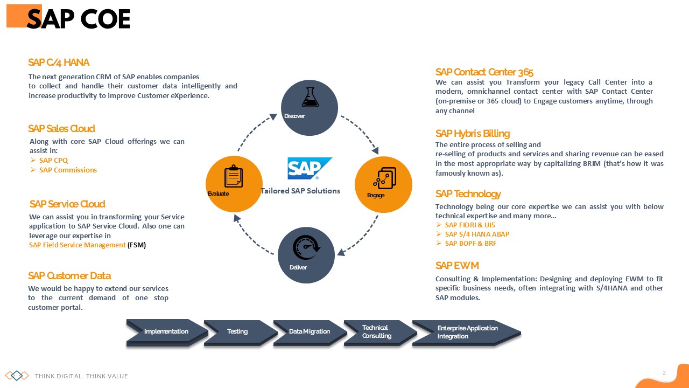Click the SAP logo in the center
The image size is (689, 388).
[x=310, y=169]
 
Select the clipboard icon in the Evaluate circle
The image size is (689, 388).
[x=233, y=176]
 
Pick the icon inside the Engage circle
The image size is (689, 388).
[x=385, y=177]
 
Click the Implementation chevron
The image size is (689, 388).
[x=166, y=331]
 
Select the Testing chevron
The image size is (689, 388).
[x=237, y=331]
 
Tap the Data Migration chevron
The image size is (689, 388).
[x=309, y=331]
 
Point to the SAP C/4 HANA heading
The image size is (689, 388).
[x=59, y=63]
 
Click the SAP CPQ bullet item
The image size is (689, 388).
[x=53, y=161]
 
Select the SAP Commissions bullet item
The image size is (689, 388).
[x=68, y=170]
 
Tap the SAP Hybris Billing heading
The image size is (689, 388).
[x=473, y=134]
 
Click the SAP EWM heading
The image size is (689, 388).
[x=457, y=266]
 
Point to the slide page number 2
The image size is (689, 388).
[x=664, y=372]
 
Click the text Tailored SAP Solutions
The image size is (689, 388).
[x=300, y=191]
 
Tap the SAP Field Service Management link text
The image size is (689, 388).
[x=77, y=245]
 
